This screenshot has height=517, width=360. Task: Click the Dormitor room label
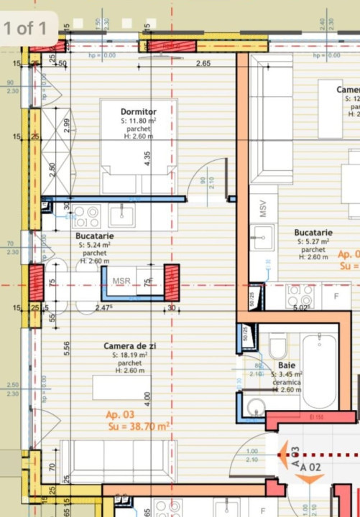pyautogui.click(x=139, y=111)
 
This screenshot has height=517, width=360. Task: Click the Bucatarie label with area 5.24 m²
pyautogui.click(x=94, y=236)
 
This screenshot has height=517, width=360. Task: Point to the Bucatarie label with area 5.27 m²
pyautogui.click(x=313, y=233)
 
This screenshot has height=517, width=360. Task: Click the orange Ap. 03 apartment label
pyautogui.click(x=120, y=414)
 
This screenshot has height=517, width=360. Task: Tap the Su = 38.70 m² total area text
pyautogui.click(x=139, y=427)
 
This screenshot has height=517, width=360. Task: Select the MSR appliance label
pyautogui.click(x=122, y=281)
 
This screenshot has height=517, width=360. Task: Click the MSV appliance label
pyautogui.click(x=264, y=208)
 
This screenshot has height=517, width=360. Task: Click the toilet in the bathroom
pyautogui.click(x=278, y=348)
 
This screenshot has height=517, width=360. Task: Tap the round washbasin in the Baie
pyautogui.click(x=255, y=407)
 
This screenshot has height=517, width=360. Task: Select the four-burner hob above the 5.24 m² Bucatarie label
pyautogui.click(x=86, y=215)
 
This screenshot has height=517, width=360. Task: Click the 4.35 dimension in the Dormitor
pyautogui.click(x=147, y=159)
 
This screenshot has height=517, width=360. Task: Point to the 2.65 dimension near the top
pyautogui.click(x=203, y=64)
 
